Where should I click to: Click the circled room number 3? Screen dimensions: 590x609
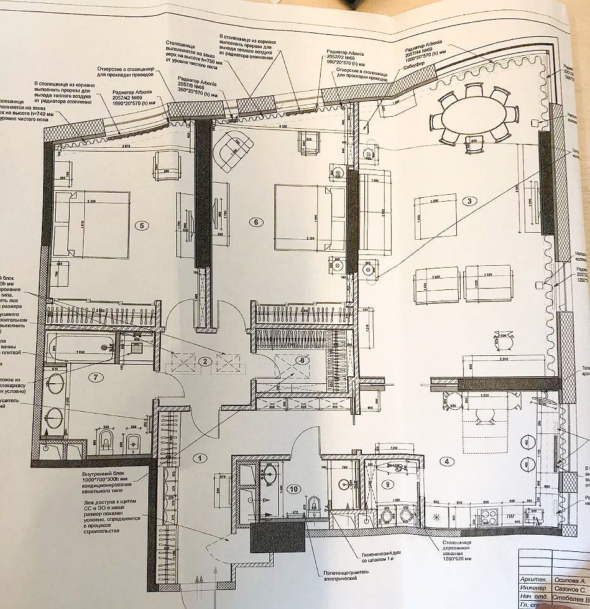[x=468, y=202]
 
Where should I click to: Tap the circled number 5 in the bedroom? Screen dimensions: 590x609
[x=143, y=225]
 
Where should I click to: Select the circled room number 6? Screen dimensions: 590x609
[x=256, y=222]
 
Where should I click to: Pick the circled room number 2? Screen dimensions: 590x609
[x=204, y=362]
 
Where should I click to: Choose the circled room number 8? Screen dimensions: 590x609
[x=302, y=360]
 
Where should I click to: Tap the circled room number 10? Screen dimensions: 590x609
[x=293, y=488]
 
